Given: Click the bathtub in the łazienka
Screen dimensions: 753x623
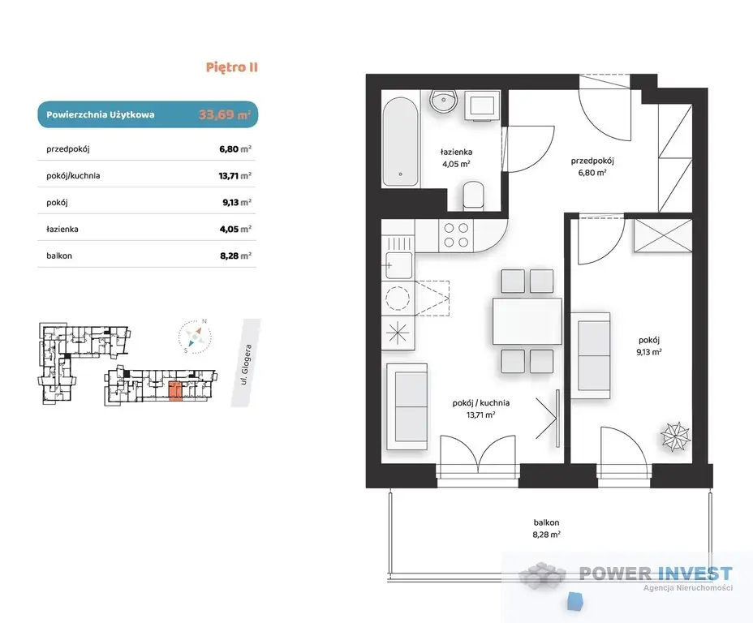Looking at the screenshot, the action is [400, 142].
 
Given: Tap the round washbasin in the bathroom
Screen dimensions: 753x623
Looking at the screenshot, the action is [444, 102].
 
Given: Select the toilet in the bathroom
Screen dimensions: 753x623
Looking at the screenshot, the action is [474, 195].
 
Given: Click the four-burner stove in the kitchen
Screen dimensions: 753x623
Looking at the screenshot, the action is [456, 235].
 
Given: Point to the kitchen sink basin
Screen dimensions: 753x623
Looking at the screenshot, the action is [398, 264].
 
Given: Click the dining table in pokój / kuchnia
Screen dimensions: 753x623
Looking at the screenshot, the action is [527, 321].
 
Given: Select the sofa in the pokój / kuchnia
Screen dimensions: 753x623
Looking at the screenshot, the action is [407, 406].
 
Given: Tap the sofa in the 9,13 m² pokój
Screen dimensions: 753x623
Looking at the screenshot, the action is [591, 355].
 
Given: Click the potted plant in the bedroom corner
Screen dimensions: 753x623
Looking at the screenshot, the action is [675, 436].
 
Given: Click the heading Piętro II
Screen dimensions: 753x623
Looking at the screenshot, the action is [232, 67].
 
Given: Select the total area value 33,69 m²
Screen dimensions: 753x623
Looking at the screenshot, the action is [225, 114].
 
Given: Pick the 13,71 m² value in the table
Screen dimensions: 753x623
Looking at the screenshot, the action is [235, 176].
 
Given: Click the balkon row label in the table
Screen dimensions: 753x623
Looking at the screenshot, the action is [59, 256].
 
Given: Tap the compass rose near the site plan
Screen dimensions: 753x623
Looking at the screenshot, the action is [195, 337].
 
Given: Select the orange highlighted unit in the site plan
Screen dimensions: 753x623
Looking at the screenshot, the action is [176, 391].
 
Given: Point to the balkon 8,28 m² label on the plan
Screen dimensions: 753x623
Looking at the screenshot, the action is [546, 528].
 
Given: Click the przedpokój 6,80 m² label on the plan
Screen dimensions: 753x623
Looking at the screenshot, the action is [592, 166].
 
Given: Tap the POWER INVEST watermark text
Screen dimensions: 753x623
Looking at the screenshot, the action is [656, 574].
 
